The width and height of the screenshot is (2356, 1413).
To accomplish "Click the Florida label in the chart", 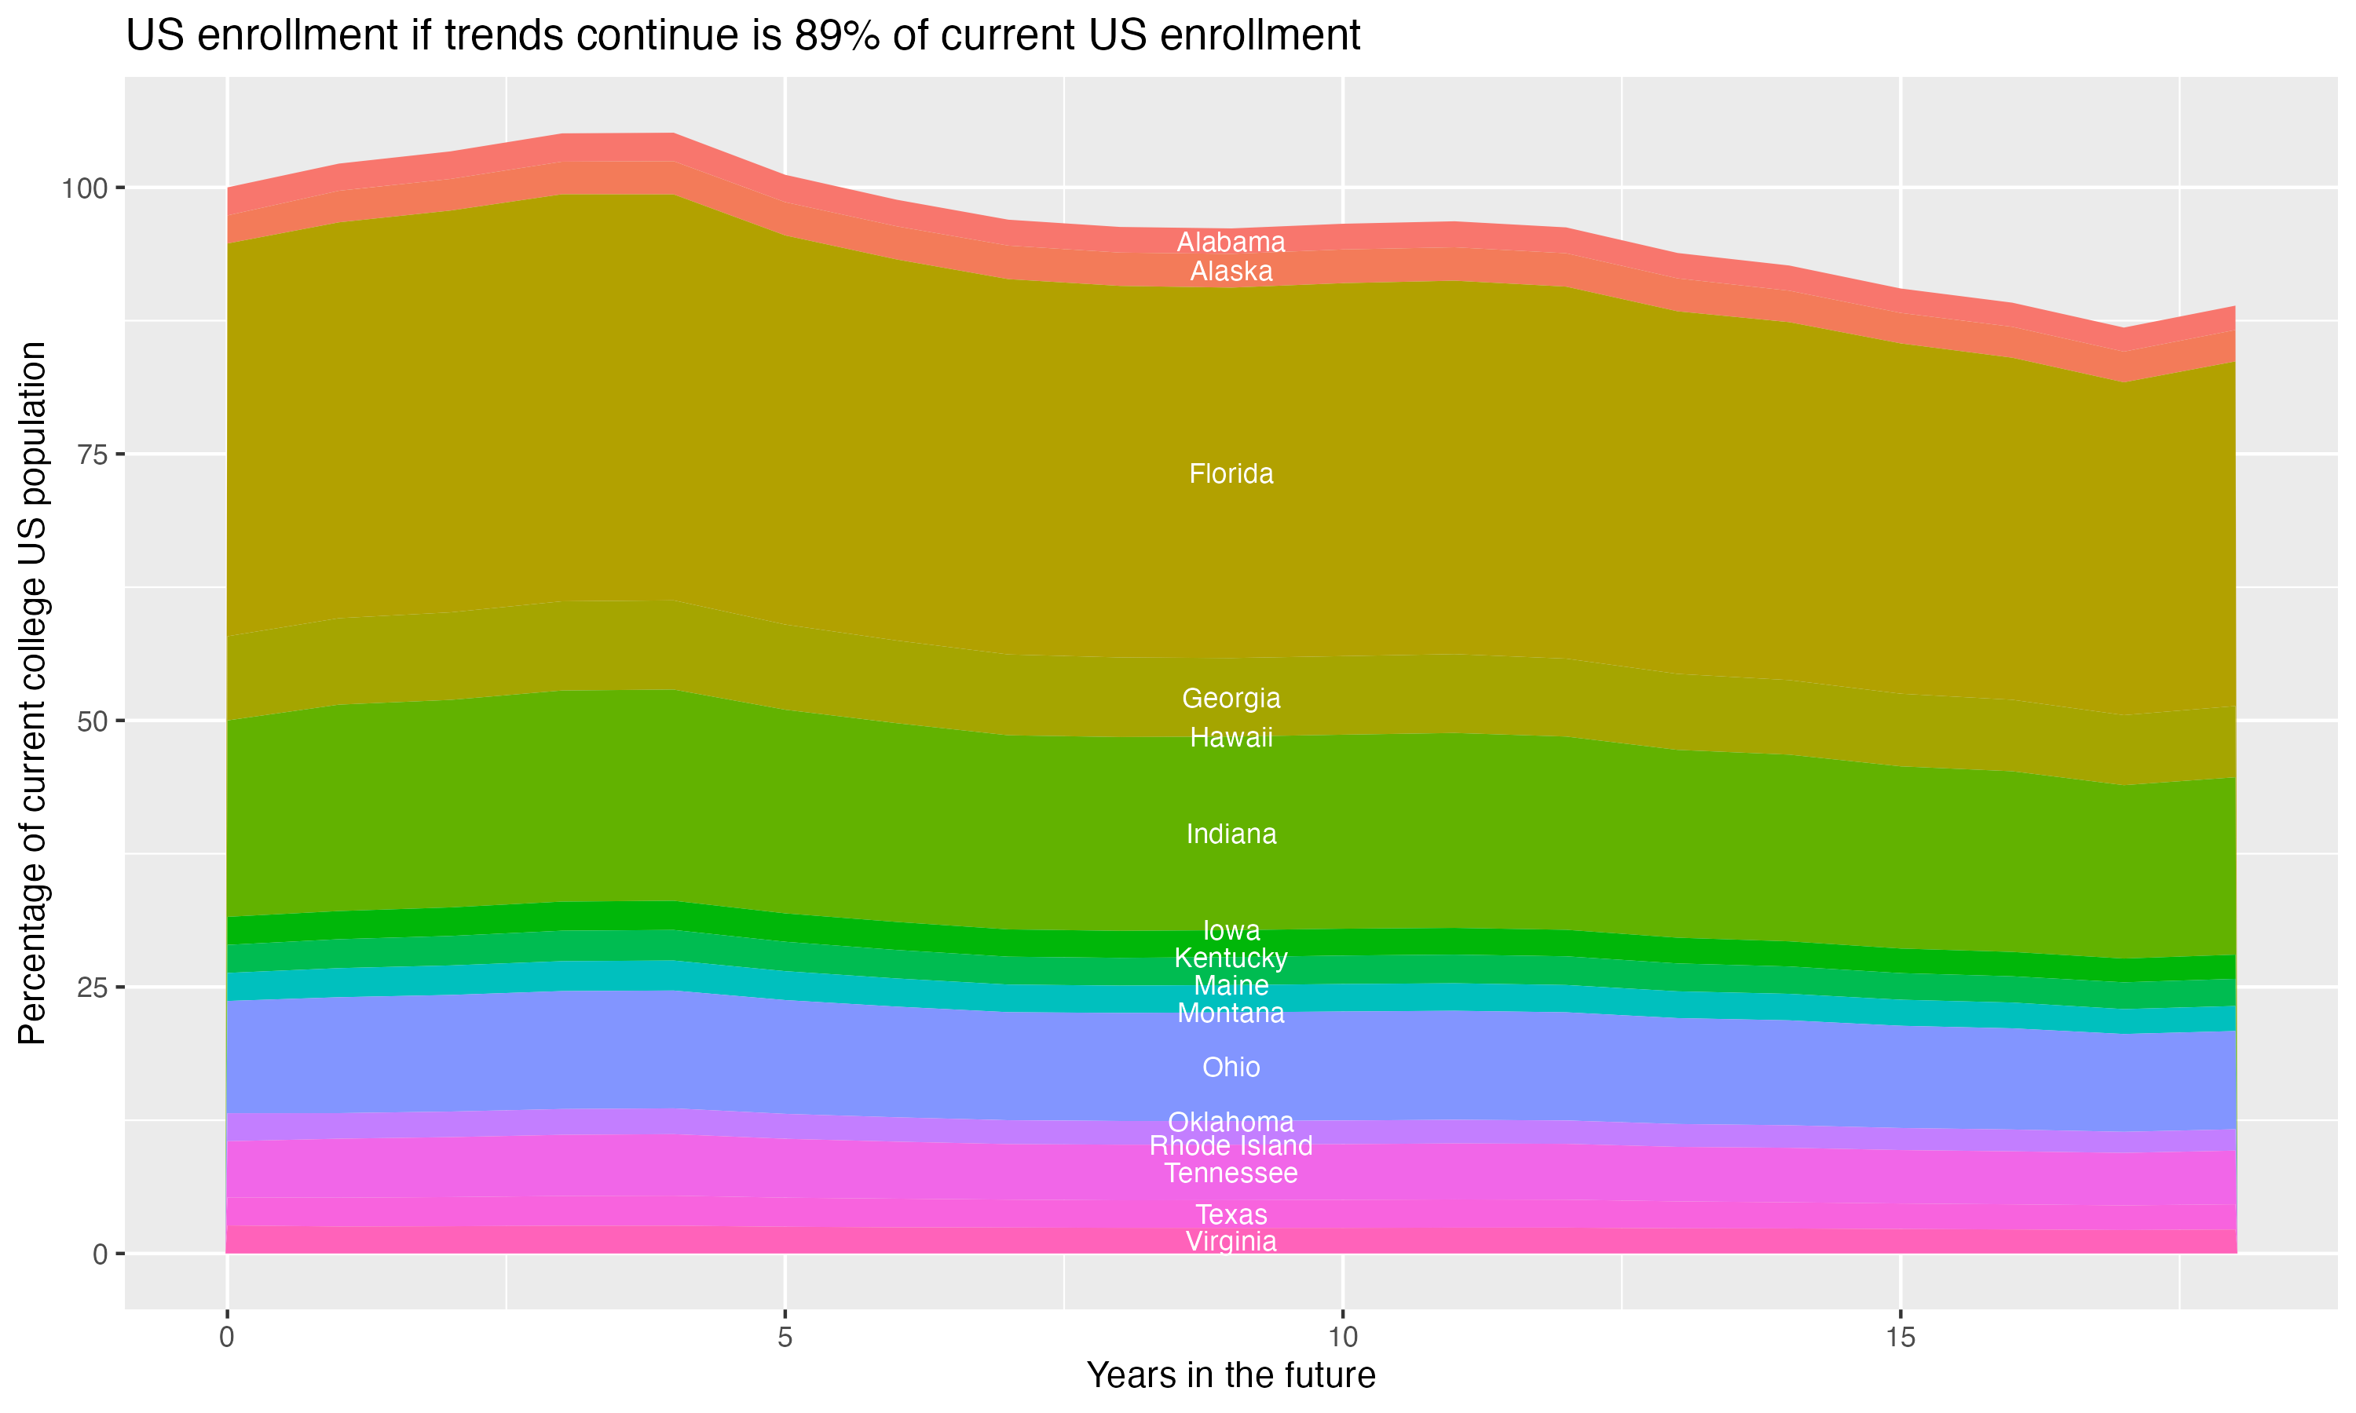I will (x=1231, y=473).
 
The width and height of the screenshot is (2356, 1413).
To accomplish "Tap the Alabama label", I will (x=1231, y=242).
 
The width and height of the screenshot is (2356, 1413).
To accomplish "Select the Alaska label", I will (x=1231, y=272).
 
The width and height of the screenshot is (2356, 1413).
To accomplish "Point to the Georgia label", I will (x=1231, y=698).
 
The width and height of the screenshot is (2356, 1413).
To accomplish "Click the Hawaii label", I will (x=1231, y=737).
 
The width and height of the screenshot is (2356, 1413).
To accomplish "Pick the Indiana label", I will (x=1231, y=834).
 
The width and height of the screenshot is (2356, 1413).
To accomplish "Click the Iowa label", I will (x=1231, y=930).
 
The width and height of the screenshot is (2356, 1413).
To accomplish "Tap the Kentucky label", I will (x=1231, y=958).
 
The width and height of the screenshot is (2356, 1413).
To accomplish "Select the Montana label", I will (x=1231, y=1013).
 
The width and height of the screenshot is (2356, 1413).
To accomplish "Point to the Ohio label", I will (x=1231, y=1068).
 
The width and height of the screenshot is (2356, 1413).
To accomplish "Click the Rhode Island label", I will (x=1231, y=1145).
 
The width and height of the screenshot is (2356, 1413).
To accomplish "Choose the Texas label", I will (x=1231, y=1215).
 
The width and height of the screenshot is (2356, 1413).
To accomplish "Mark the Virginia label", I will (x=1231, y=1242).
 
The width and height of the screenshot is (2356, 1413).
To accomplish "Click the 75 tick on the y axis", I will (x=90, y=455).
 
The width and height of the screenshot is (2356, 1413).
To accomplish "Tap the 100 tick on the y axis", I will (x=84, y=188).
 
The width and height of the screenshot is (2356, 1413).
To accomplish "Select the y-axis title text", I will (x=32, y=692).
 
